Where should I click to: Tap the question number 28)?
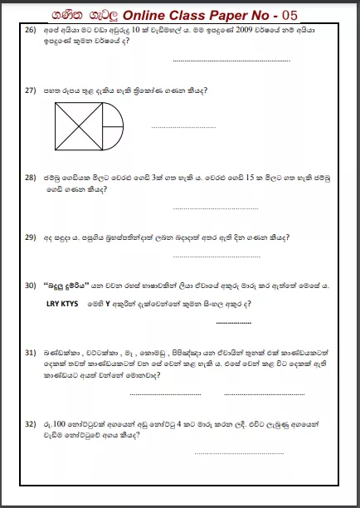point(31,178)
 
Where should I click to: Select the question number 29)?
point(31,237)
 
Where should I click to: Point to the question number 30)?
point(31,285)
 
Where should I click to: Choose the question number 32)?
point(31,423)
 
